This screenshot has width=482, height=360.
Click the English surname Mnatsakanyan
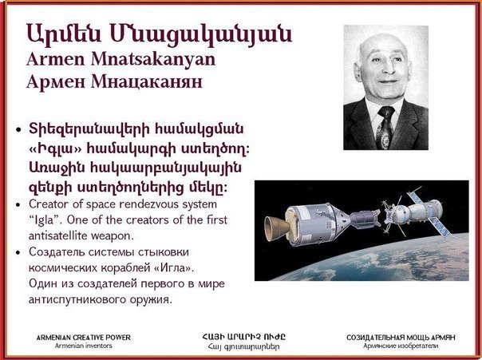(152, 59)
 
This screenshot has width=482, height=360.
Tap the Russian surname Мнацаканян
(147, 81)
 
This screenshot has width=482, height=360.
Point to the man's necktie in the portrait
(385, 127)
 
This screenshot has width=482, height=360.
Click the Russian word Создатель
(57, 252)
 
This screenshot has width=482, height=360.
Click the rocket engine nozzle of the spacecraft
(276, 227)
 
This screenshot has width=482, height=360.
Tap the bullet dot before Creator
(18, 205)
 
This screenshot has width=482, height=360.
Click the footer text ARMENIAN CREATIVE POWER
(84, 337)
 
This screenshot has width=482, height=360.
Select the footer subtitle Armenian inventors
(84, 346)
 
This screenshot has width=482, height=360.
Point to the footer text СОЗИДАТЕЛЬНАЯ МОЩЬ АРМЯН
(401, 337)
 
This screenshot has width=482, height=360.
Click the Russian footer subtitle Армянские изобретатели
(401, 346)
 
